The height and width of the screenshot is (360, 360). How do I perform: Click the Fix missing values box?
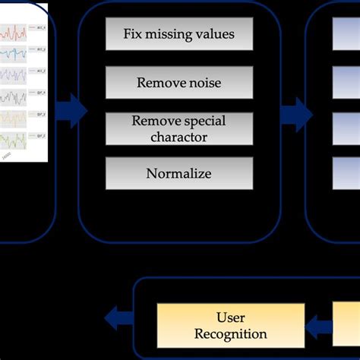178,34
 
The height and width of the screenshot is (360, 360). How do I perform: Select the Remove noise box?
178,82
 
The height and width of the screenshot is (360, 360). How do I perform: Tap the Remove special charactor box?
178,128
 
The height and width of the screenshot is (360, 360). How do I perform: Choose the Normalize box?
178,174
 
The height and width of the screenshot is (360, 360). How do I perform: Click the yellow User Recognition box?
231,325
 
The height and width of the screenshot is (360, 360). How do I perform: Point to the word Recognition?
231,334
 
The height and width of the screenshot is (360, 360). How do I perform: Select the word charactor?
178,137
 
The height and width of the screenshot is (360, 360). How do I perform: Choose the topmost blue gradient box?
346,33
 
